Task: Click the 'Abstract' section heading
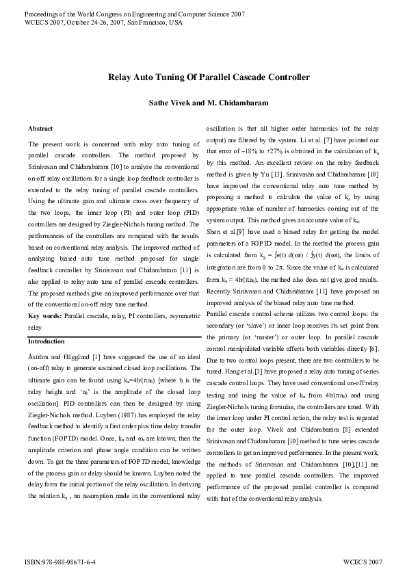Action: coord(40,129)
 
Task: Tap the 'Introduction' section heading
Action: coord(47,341)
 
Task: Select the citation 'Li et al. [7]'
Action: coord(331,140)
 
